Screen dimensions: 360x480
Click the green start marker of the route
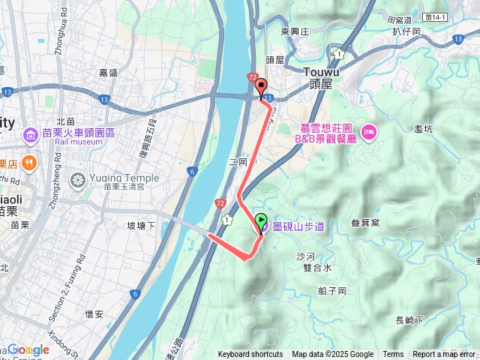(x=261, y=221)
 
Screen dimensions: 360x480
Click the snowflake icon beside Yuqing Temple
(x=77, y=180)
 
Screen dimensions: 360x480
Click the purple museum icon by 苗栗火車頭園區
(x=31, y=136)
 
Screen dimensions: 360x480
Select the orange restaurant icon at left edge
(x=28, y=161)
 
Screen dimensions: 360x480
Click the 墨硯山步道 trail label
(x=298, y=226)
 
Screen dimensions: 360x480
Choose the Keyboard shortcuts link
(x=250, y=355)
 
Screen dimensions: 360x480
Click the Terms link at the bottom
(x=393, y=355)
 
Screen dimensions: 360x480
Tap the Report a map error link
(x=444, y=355)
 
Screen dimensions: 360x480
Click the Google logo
(x=28, y=349)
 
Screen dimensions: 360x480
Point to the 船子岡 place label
(x=331, y=291)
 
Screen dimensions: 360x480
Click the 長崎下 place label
(x=409, y=320)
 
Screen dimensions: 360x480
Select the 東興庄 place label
(x=295, y=31)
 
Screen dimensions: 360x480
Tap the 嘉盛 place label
(x=109, y=72)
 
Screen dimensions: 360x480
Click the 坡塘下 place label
(x=141, y=226)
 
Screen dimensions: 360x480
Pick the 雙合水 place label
(x=317, y=267)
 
